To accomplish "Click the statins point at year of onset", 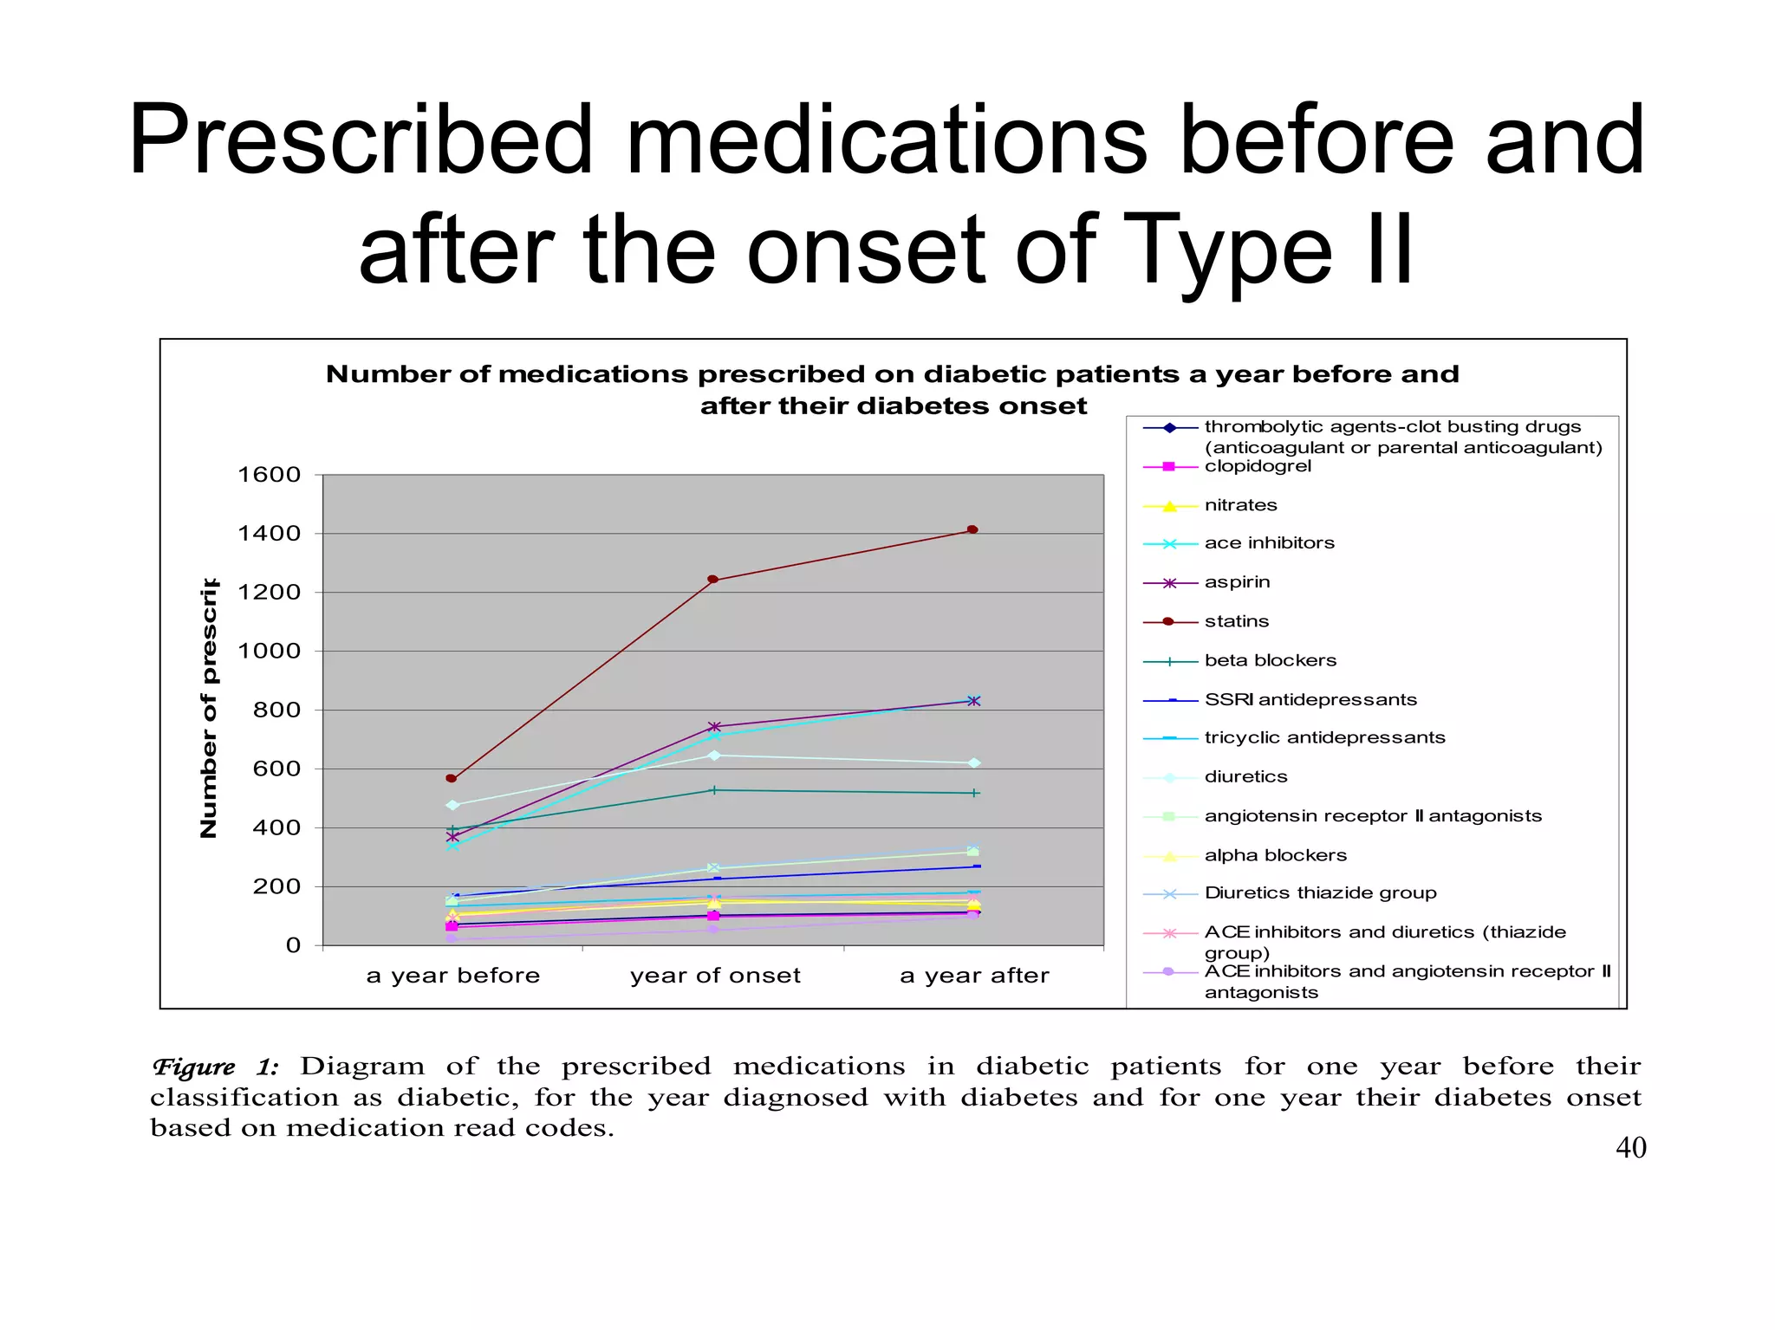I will click(x=712, y=580).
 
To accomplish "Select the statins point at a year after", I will click(x=972, y=529).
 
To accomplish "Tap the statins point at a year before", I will click(x=451, y=778).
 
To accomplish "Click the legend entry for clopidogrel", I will click(x=1258, y=466).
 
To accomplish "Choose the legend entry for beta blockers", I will click(x=1270, y=661).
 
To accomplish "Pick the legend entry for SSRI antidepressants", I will click(x=1310, y=700).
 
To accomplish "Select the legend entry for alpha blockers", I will click(x=1275, y=856).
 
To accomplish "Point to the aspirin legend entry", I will click(x=1237, y=582).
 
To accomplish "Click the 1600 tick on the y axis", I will click(x=270, y=475).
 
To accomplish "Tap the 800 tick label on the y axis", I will click(x=276, y=710).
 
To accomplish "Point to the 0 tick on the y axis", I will click(x=293, y=945).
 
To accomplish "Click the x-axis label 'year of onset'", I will click(x=715, y=976).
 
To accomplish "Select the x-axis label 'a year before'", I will click(x=453, y=976).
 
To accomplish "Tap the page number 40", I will click(x=1630, y=1148).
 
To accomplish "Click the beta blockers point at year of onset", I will click(x=713, y=790).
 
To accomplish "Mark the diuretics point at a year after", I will click(x=974, y=763).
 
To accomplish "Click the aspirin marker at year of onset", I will click(x=714, y=727).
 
